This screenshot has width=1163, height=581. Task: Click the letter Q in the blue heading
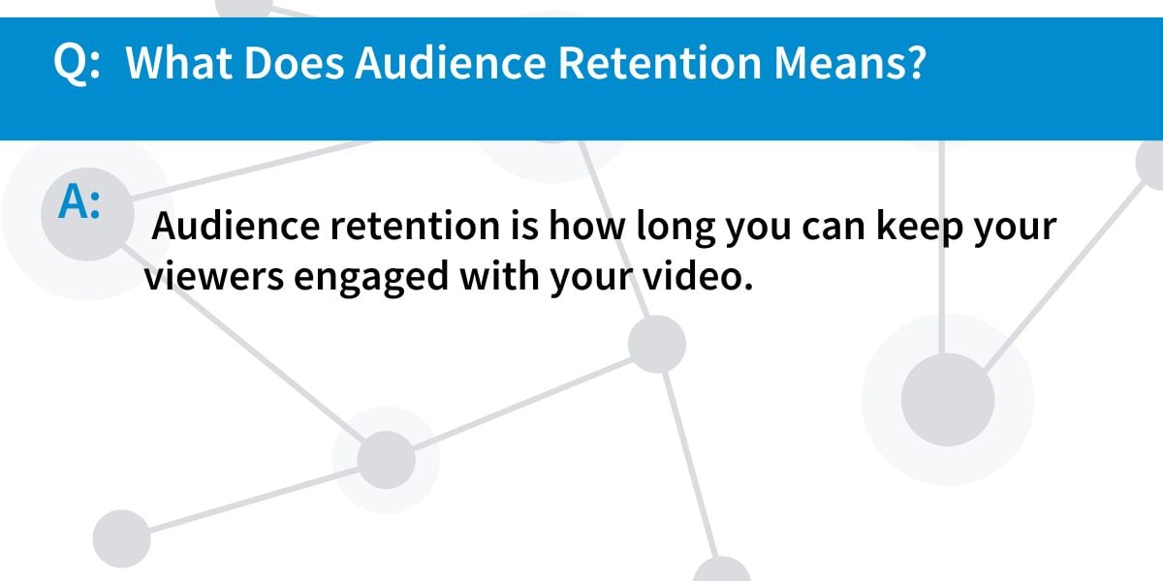pyautogui.click(x=71, y=64)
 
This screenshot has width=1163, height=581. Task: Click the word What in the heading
pyautogui.click(x=178, y=62)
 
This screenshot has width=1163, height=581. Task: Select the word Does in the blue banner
pyautogui.click(x=294, y=62)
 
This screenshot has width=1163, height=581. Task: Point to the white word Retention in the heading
pyautogui.click(x=660, y=62)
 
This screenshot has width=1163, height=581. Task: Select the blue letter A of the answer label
pyautogui.click(x=73, y=201)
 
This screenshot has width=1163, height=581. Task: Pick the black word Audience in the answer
pyautogui.click(x=236, y=226)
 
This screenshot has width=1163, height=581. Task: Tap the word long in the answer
pyautogui.click(x=676, y=229)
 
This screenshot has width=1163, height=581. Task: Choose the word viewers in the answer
pyautogui.click(x=214, y=276)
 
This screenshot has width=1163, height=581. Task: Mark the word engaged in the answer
pyautogui.click(x=370, y=279)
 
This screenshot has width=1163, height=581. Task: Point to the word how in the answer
pyautogui.click(x=587, y=226)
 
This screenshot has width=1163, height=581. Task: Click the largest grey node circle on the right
pyautogui.click(x=948, y=399)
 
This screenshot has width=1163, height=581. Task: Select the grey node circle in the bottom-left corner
pyautogui.click(x=121, y=538)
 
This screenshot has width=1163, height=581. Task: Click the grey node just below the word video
pyautogui.click(x=657, y=344)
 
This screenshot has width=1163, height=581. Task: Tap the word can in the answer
pyautogui.click(x=833, y=229)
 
